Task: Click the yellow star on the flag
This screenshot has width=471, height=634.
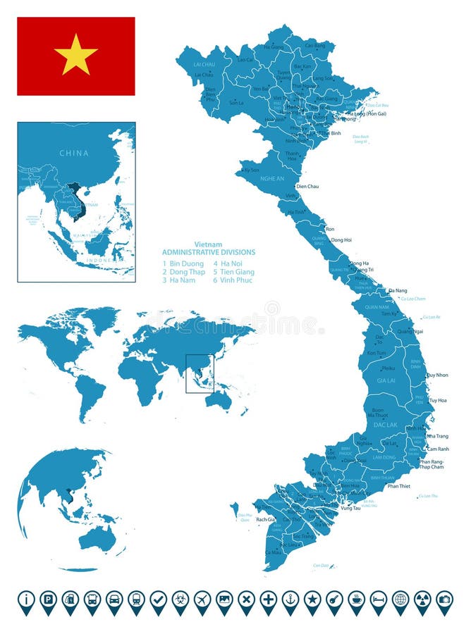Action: coord(76,55)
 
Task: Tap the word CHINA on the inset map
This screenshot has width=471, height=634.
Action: coord(74,153)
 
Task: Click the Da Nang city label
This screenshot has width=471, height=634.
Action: coord(398,290)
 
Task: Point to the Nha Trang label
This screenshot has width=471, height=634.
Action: coord(437,436)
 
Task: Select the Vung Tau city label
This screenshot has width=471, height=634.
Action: coord(350,508)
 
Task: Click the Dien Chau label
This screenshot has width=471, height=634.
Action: coord(307,186)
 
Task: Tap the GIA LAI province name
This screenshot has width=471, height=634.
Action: coord(386,380)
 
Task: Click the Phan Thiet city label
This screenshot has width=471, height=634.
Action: coord(398,486)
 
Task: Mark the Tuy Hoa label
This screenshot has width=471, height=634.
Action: coord(438,400)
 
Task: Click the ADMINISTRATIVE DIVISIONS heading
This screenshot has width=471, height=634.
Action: coord(209,252)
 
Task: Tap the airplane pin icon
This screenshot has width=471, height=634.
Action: coord(202,600)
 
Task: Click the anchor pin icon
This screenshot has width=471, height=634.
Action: coord(290,600)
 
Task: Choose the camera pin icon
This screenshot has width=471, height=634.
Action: coord(444,600)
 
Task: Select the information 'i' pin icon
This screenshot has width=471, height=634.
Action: coord(26,600)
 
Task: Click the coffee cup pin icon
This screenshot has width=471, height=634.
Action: coord(356,600)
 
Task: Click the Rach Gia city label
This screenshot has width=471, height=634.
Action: coord(265,520)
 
